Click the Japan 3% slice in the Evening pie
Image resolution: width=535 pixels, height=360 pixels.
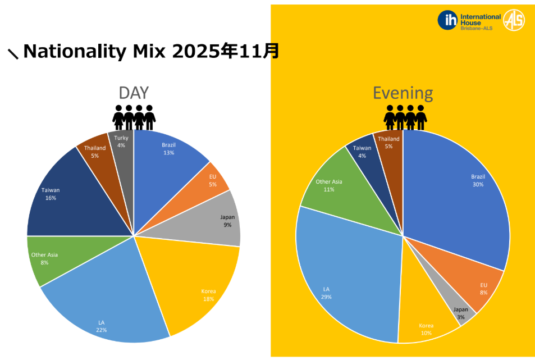(x=460, y=312)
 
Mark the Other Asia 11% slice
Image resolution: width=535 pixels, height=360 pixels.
(x=331, y=185)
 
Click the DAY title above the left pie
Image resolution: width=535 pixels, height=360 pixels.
(x=134, y=93)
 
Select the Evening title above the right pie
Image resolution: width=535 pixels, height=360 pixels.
(x=403, y=93)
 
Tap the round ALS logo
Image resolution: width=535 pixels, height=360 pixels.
(x=514, y=20)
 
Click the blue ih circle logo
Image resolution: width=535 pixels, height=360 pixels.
(x=448, y=20)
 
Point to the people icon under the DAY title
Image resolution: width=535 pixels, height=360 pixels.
(x=134, y=117)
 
